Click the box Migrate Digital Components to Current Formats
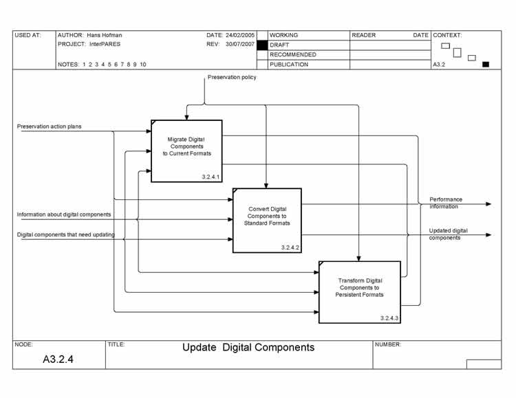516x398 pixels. click(x=186, y=151)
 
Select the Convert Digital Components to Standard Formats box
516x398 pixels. click(x=267, y=220)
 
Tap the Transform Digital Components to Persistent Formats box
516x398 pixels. click(x=359, y=292)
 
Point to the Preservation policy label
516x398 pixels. click(x=232, y=77)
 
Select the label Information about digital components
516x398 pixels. click(x=63, y=214)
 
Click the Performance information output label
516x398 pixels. click(x=446, y=203)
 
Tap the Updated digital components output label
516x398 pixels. click(x=448, y=234)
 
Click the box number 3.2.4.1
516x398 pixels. click(x=211, y=177)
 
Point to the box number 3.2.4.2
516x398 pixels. click(x=290, y=247)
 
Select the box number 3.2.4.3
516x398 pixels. click(x=389, y=318)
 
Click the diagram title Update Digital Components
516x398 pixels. click(x=248, y=347)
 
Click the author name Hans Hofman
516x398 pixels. click(x=104, y=34)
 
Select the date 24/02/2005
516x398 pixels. click(x=240, y=34)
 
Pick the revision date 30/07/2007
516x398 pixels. click(x=240, y=44)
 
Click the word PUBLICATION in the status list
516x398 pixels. click(x=289, y=65)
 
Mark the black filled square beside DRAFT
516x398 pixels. click(x=261, y=45)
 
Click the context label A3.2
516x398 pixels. click(x=438, y=65)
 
